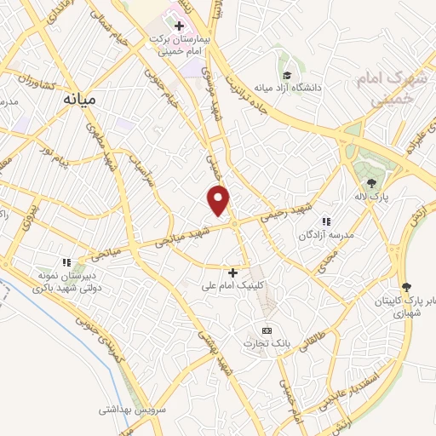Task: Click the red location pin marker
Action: (220, 200)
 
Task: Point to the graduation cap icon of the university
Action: (288, 75)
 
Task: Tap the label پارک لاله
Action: (373, 197)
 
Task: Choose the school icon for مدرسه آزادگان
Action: (325, 221)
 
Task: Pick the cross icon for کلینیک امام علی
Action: (232, 272)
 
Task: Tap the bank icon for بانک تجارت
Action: (267, 330)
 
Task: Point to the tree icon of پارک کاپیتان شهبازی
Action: (406, 286)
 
